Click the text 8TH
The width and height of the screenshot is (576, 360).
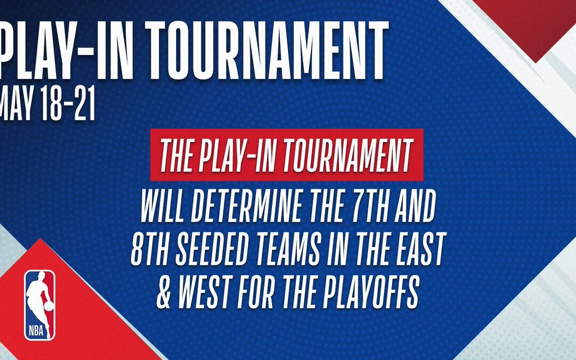coord(151,249)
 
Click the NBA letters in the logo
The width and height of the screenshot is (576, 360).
coord(36,331)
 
